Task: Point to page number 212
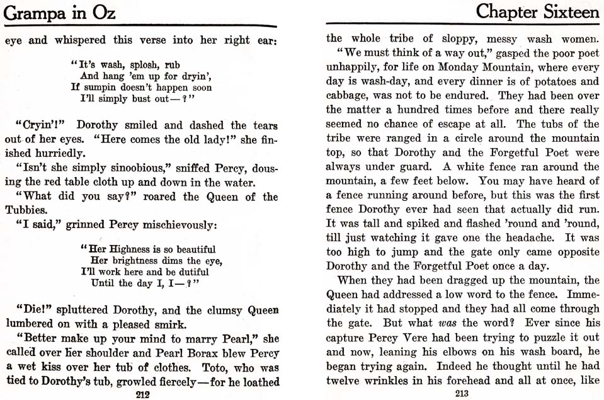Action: (141, 395)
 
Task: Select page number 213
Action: (462, 394)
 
